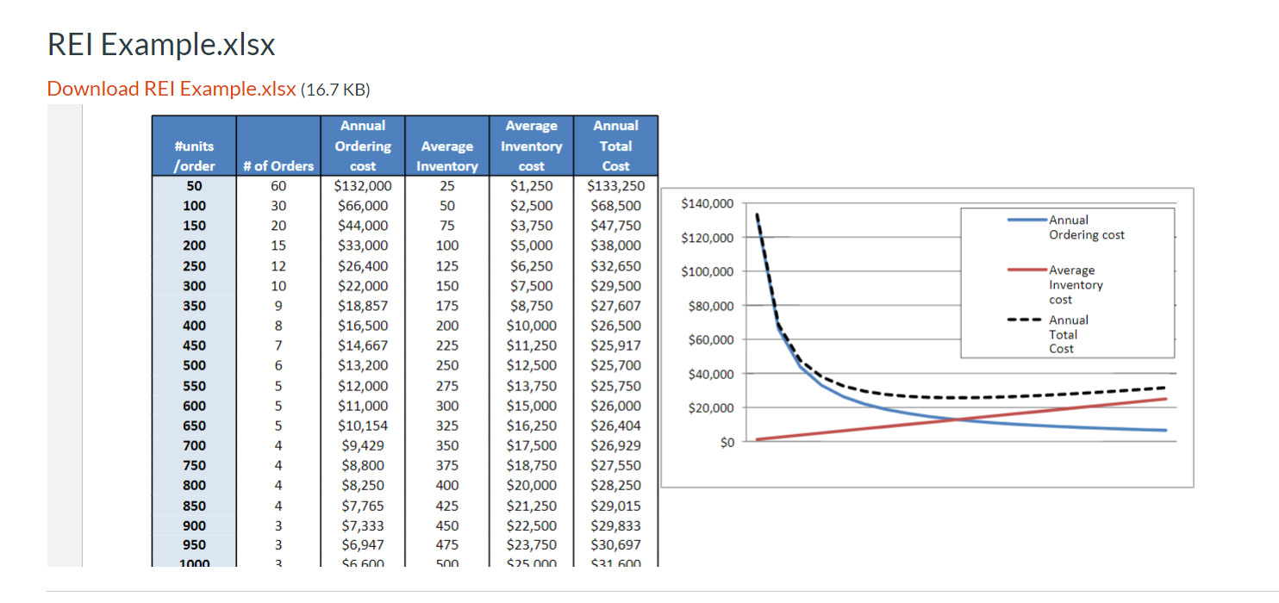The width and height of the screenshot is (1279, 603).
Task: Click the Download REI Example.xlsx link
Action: pyautogui.click(x=172, y=89)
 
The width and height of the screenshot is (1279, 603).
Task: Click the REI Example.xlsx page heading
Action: pyautogui.click(x=161, y=45)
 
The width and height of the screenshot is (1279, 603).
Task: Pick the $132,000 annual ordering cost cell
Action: pyautogui.click(x=363, y=185)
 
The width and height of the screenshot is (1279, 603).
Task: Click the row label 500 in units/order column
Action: pyautogui.click(x=194, y=365)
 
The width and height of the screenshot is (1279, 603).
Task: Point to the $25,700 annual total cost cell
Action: pyautogui.click(x=615, y=365)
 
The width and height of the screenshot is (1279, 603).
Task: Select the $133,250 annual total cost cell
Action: pyautogui.click(x=615, y=185)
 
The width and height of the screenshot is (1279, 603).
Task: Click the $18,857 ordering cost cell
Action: pyautogui.click(x=363, y=306)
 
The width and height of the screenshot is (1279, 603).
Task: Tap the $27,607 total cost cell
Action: pyautogui.click(x=615, y=306)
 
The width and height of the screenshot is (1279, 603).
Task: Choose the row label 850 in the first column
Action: pyautogui.click(x=194, y=506)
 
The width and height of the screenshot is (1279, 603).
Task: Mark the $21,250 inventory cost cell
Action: pyautogui.click(x=531, y=506)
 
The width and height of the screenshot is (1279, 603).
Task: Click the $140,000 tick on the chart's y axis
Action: pyautogui.click(x=707, y=204)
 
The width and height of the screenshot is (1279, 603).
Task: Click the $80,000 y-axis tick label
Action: pyautogui.click(x=710, y=306)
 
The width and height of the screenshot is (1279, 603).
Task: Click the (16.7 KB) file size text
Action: pyautogui.click(x=335, y=90)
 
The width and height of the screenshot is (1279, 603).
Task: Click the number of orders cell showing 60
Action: pyautogui.click(x=278, y=185)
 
